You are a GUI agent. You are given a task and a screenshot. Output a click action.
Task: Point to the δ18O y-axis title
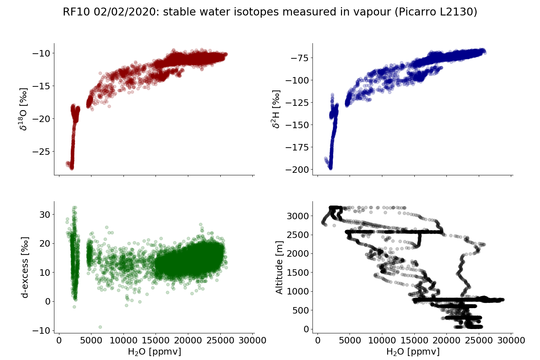coord(24,109)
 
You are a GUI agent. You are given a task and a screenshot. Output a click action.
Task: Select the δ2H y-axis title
coord(276,109)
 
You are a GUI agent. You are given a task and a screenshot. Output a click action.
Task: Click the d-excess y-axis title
coord(25,267)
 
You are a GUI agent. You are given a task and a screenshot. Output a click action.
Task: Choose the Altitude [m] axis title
coord(279,267)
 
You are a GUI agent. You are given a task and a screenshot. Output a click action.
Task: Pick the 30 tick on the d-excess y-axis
coord(44,215)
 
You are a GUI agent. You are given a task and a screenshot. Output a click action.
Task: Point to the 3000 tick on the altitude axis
coord(298,216)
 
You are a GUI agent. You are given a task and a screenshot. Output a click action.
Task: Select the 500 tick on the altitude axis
coord(301,310)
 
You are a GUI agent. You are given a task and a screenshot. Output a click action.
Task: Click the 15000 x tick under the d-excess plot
coord(156,341)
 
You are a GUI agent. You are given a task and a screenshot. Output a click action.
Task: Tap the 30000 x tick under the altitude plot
coord(511,341)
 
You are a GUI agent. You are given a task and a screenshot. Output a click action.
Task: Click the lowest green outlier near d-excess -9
coord(100,327)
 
